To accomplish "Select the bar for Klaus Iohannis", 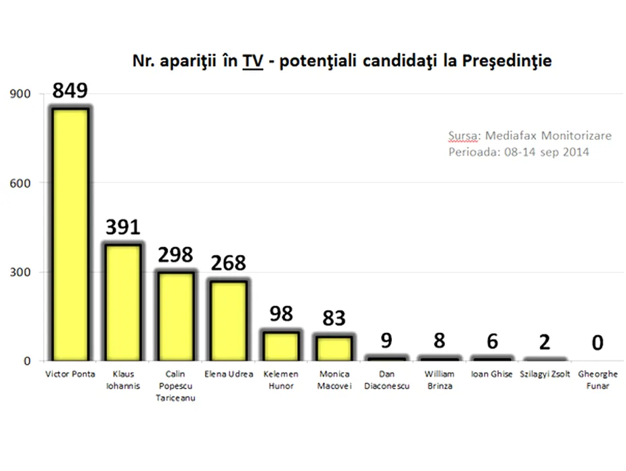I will click(122, 303).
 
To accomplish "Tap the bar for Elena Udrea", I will click(228, 321).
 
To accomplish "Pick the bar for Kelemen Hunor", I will click(281, 346).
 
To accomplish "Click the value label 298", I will click(175, 255).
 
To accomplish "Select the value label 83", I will click(334, 316).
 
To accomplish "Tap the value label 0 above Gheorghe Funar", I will click(597, 343).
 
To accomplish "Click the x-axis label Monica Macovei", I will click(334, 380).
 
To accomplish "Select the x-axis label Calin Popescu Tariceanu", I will click(175, 386).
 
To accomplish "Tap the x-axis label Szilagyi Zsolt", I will click(544, 375).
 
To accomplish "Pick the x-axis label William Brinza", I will click(439, 380).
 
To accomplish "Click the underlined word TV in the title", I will click(253, 61).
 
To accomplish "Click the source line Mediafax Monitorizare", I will click(530, 136).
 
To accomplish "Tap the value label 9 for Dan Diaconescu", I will click(386, 341).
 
